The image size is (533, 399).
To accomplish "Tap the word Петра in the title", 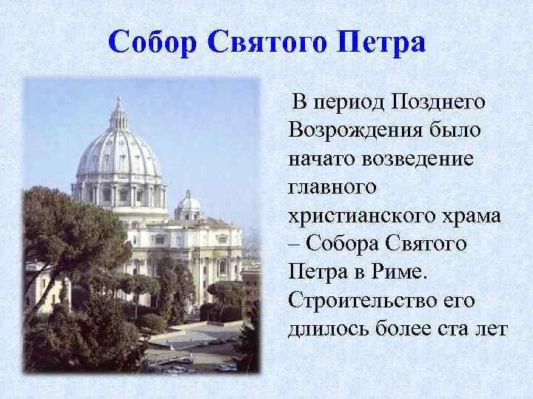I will pyautogui.click(x=381, y=43).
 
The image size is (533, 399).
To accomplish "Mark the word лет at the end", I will pyautogui.click(x=491, y=330).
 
